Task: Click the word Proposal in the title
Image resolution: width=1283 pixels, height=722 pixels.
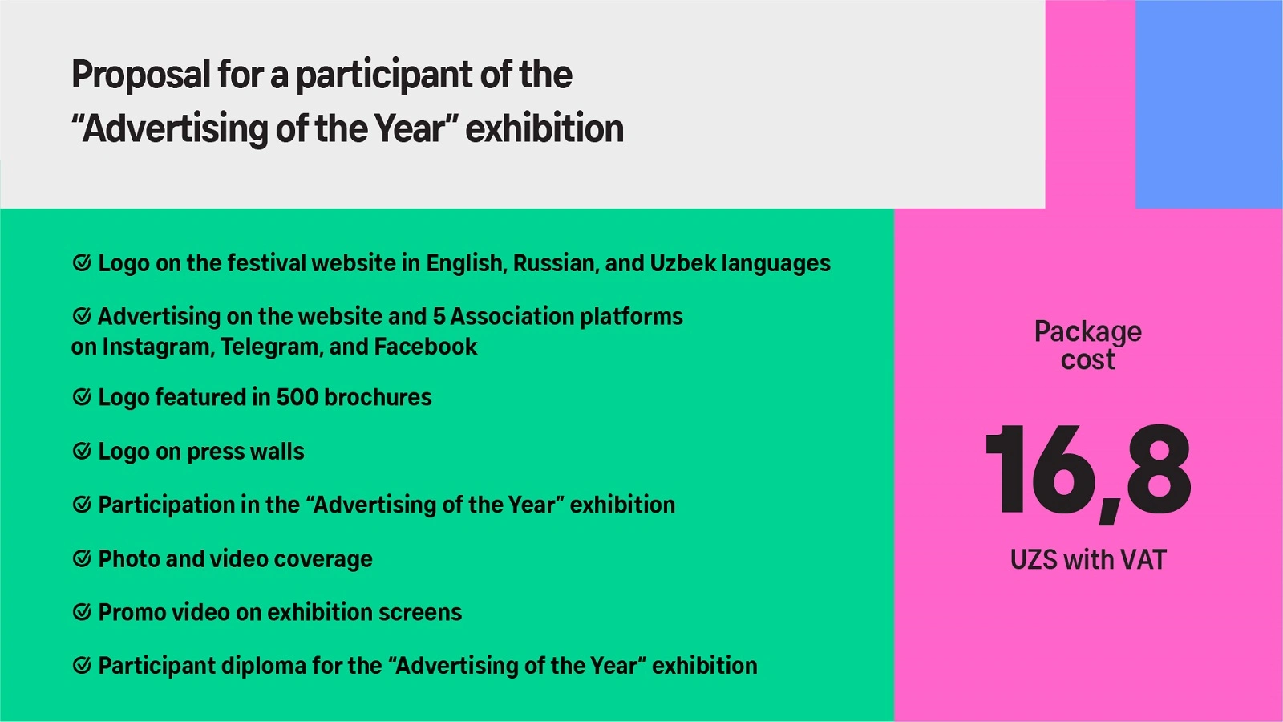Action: click(x=141, y=75)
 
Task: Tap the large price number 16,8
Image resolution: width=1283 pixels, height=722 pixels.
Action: click(x=1088, y=473)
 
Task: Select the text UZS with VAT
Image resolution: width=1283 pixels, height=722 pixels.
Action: click(x=1088, y=560)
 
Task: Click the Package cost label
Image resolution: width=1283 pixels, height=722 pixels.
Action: click(x=1088, y=346)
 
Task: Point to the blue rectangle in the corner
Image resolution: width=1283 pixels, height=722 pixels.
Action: click(x=1209, y=103)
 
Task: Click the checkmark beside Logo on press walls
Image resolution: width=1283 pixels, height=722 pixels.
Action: click(x=82, y=451)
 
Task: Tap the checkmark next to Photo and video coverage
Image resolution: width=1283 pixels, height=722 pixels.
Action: click(x=82, y=558)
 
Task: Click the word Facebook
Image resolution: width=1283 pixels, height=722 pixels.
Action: click(x=426, y=347)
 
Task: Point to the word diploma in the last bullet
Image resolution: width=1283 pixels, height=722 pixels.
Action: click(x=263, y=666)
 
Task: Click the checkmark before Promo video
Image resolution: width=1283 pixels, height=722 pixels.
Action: click(x=82, y=612)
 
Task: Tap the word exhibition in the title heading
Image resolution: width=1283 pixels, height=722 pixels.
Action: click(x=544, y=128)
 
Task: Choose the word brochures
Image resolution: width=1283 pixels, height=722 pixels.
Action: click(x=378, y=397)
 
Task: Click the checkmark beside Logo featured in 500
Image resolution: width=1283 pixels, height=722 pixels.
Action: click(x=82, y=397)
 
